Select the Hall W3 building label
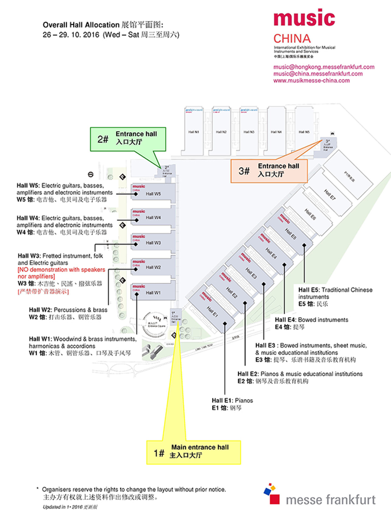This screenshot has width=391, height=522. [x=153, y=243]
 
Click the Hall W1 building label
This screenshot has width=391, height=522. [x=153, y=293]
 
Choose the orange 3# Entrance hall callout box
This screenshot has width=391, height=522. [x=268, y=171]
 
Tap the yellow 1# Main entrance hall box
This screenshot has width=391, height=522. [x=193, y=451]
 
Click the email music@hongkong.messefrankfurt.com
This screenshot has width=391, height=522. [x=324, y=67]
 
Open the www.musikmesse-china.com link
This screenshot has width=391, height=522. [x=311, y=80]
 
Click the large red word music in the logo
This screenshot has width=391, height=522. [x=304, y=19]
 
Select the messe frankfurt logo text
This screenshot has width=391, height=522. [x=330, y=500]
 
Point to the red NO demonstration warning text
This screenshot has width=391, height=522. [x=61, y=273]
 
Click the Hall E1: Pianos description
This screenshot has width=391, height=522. [x=232, y=400]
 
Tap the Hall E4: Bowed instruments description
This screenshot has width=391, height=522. [x=311, y=320]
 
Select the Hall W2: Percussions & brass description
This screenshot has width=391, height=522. [x=68, y=310]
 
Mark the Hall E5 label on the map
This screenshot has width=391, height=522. [x=291, y=234]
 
